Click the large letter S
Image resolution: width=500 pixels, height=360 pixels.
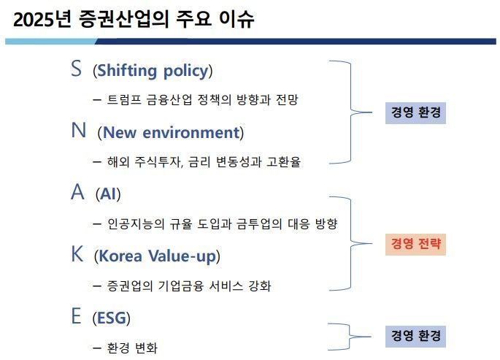click(x=76, y=68)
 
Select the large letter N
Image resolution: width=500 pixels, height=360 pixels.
click(x=78, y=130)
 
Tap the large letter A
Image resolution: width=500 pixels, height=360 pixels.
click(x=78, y=192)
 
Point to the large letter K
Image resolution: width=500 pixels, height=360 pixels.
click(x=77, y=254)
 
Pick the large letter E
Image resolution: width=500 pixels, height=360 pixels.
click(x=76, y=315)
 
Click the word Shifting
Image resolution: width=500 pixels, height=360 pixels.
click(x=127, y=71)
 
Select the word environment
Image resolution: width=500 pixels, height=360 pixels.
click(x=191, y=132)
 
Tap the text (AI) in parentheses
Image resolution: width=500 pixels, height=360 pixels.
click(x=108, y=194)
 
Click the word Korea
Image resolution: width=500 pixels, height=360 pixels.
click(x=120, y=256)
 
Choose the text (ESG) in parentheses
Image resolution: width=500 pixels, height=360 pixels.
click(x=111, y=318)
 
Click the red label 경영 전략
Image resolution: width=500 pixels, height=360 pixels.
click(x=415, y=244)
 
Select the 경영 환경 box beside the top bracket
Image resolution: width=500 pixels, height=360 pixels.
click(x=415, y=113)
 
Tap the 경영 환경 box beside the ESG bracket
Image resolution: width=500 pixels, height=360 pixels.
click(x=415, y=336)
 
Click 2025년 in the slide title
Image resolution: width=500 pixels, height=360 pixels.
click(x=42, y=19)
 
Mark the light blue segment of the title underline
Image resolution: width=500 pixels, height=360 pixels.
click(x=51, y=42)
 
